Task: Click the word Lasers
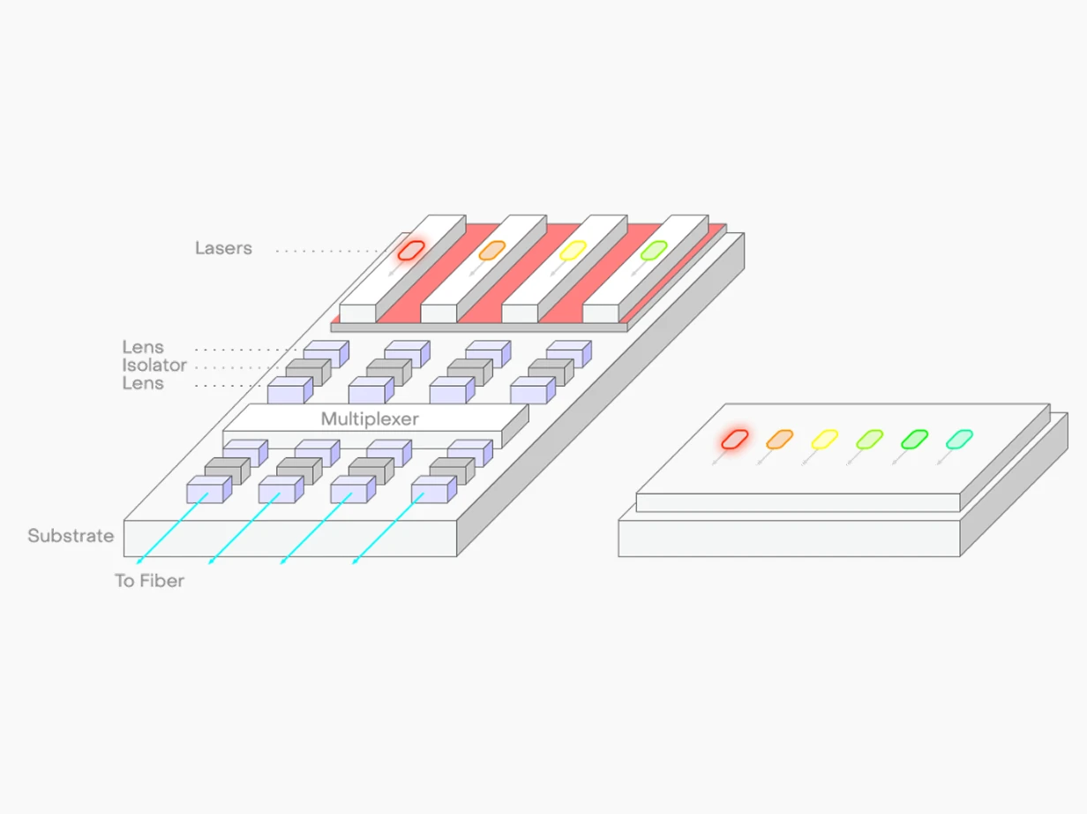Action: (x=223, y=249)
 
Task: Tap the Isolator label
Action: (x=154, y=366)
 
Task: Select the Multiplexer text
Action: (x=370, y=418)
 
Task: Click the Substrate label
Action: (x=71, y=536)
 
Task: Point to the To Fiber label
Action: (x=149, y=581)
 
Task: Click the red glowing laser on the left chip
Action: (x=411, y=250)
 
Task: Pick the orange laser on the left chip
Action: (x=491, y=250)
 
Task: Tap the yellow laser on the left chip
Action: (x=573, y=250)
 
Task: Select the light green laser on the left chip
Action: (x=653, y=250)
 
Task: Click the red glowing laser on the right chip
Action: (x=735, y=438)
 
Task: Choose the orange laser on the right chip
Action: (x=780, y=438)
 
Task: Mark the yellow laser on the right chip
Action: (x=825, y=438)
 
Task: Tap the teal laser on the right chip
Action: (x=959, y=438)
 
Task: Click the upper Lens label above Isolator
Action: (x=143, y=348)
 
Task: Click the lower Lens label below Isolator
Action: (x=143, y=384)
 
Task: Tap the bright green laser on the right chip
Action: (x=914, y=438)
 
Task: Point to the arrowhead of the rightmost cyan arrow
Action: (x=354, y=561)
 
